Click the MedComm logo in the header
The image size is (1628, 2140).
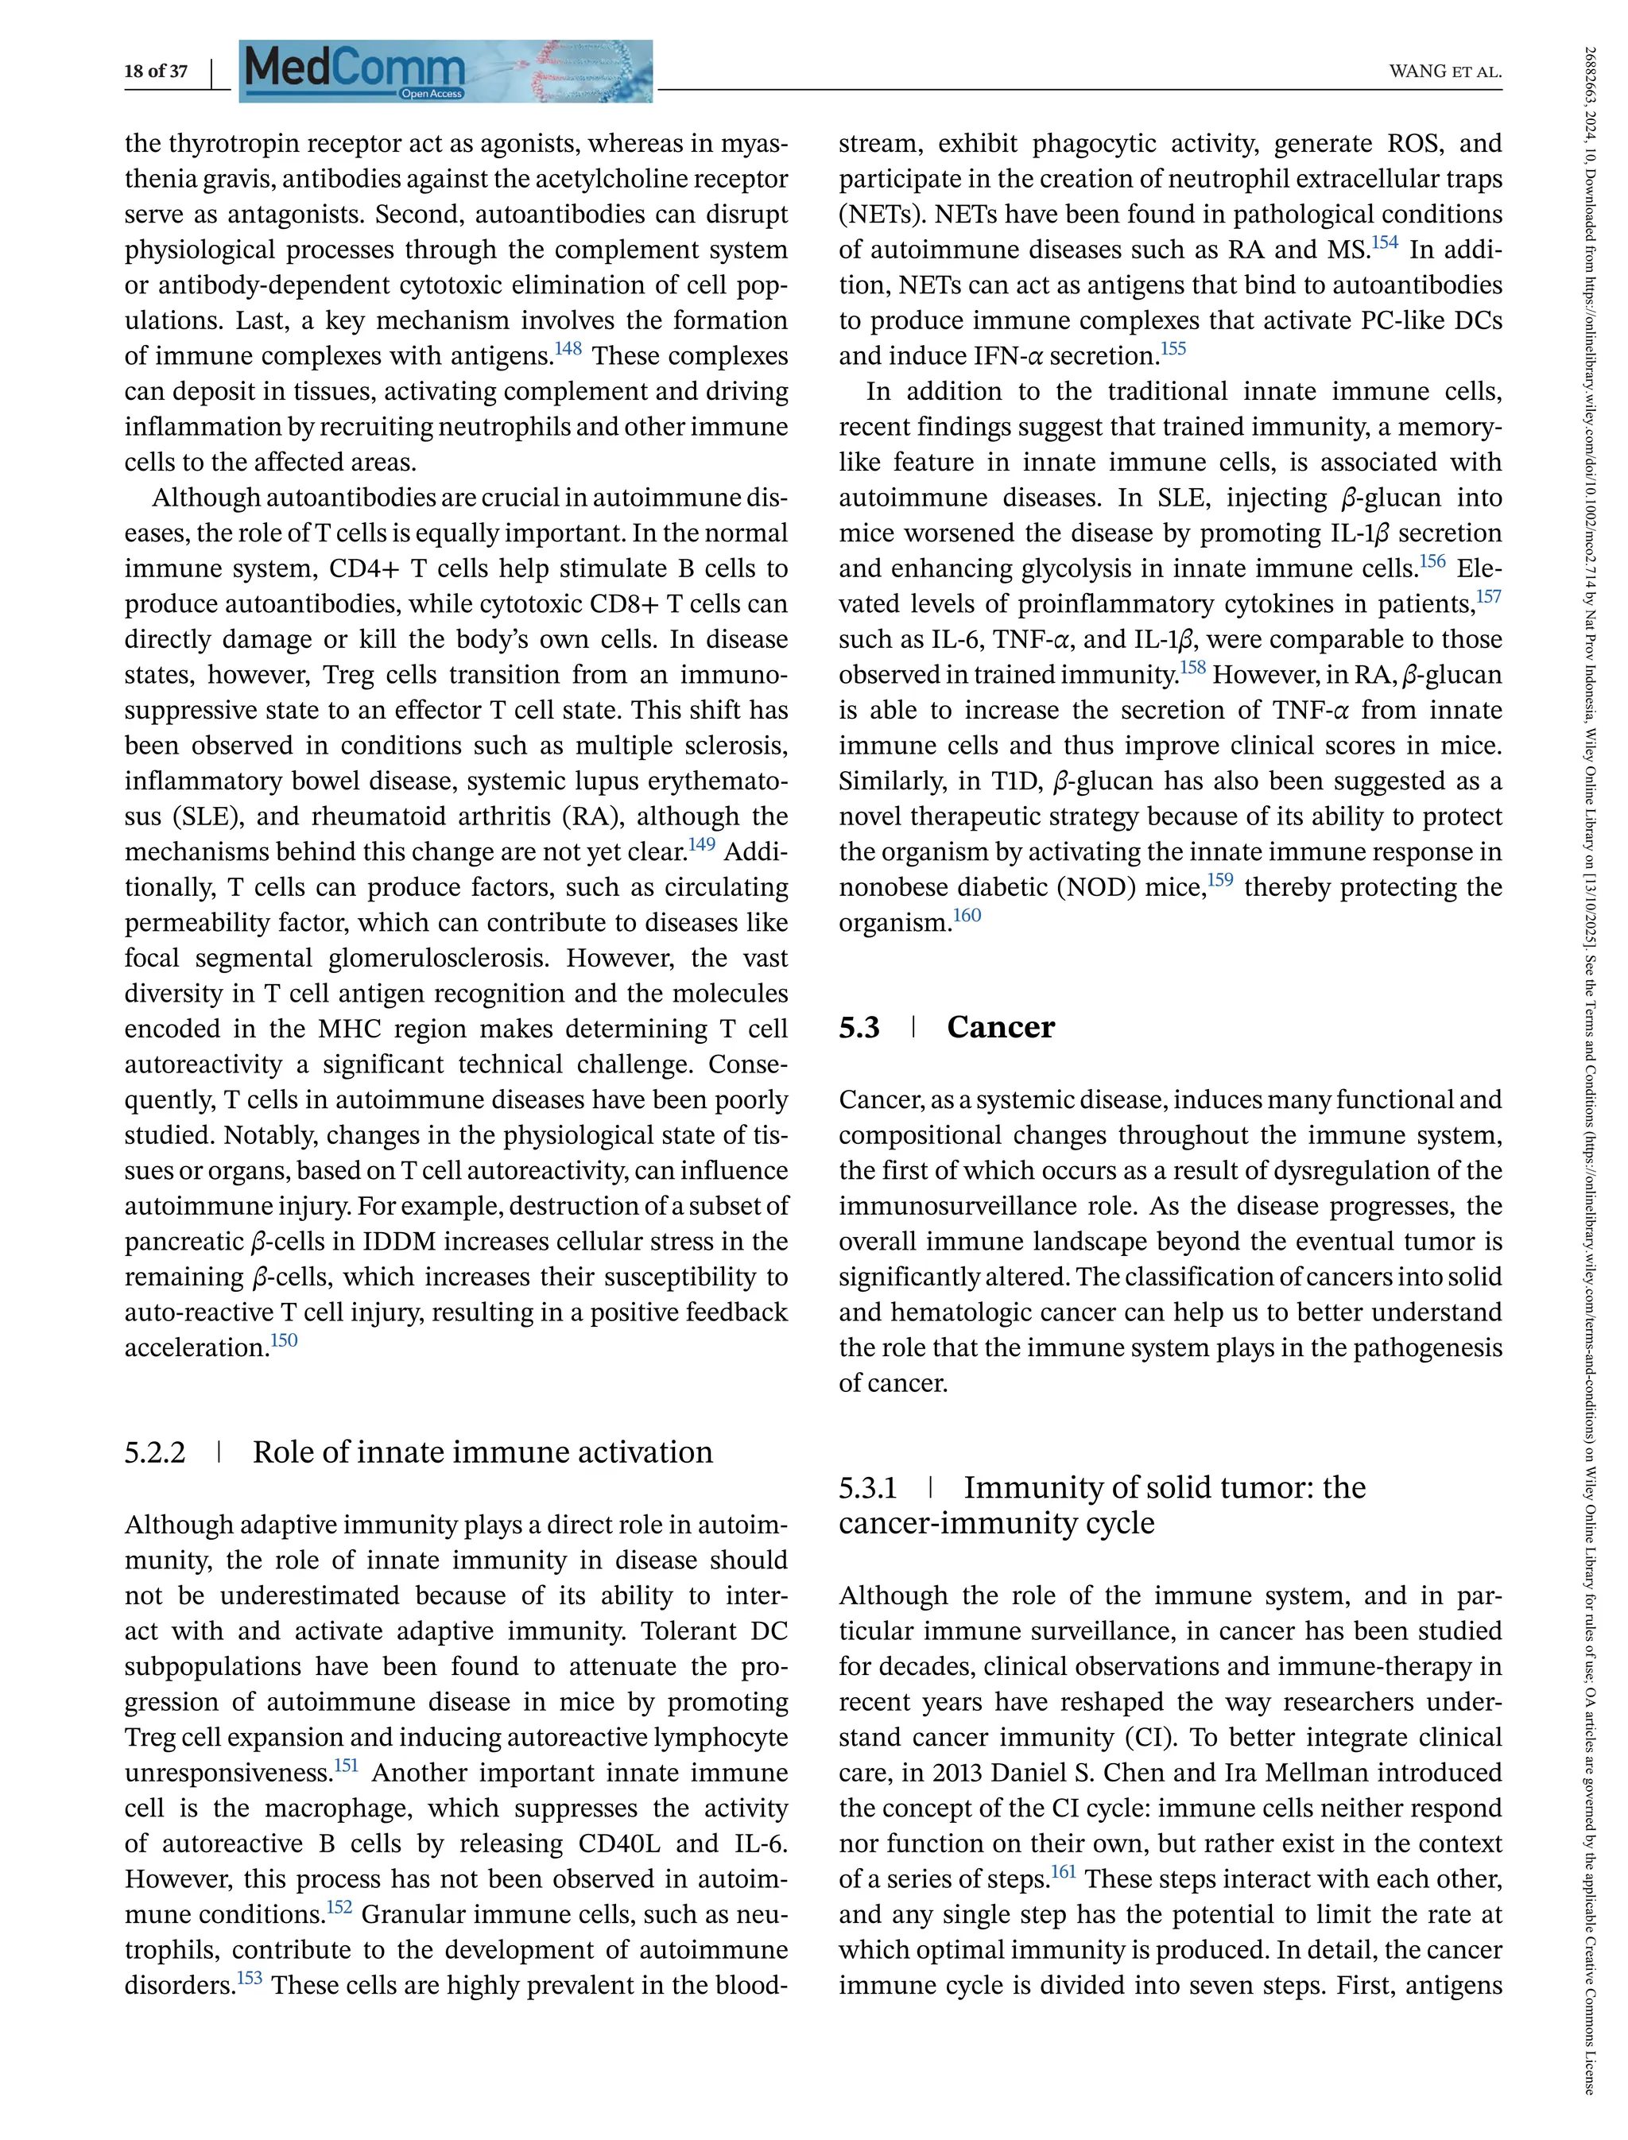pyautogui.click(x=445, y=71)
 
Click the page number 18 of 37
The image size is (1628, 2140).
pyautogui.click(x=155, y=71)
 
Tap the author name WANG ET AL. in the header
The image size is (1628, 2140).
pyautogui.click(x=1445, y=71)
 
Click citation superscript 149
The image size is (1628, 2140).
pyautogui.click(x=702, y=844)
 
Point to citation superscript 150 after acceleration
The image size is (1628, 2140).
pyautogui.click(x=284, y=1340)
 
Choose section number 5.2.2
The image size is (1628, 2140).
pyautogui.click(x=155, y=1452)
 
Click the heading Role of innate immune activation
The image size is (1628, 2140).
pyautogui.click(x=483, y=1452)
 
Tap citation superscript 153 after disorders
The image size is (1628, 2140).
pyautogui.click(x=249, y=1977)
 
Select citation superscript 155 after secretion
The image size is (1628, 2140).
pyautogui.click(x=1173, y=348)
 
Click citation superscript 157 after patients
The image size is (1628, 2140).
pyautogui.click(x=1488, y=596)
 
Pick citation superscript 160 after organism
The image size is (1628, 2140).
pyautogui.click(x=967, y=915)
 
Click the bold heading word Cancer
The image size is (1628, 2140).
pyautogui.click(x=1000, y=1027)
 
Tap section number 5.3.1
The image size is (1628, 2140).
pyautogui.click(x=868, y=1487)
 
